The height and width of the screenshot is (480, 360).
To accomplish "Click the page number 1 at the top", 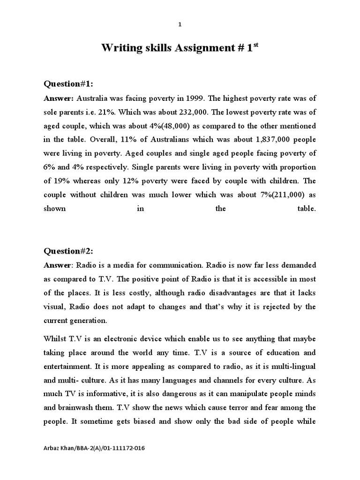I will click(x=180, y=25).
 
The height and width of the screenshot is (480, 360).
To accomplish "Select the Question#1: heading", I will click(x=68, y=84).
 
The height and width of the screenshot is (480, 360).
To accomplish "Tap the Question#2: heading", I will click(x=68, y=251).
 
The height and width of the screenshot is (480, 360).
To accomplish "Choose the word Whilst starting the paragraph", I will click(x=55, y=338).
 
